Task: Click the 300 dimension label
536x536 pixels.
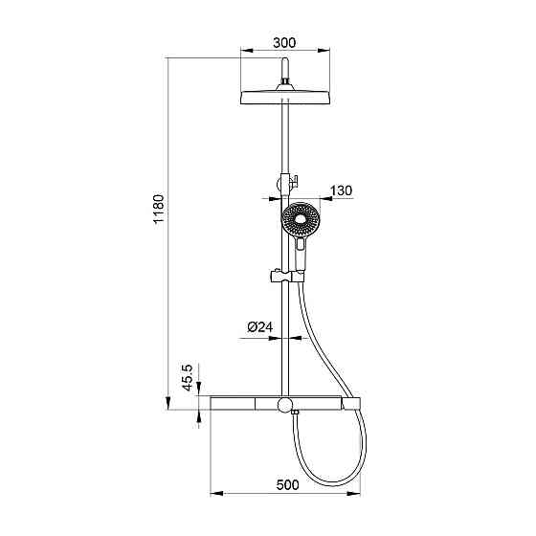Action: tap(284, 43)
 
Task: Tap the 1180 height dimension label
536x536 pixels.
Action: tap(159, 209)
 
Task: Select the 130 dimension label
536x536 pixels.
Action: tap(341, 190)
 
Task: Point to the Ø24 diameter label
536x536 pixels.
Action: tap(260, 327)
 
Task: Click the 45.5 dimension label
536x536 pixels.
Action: tap(188, 377)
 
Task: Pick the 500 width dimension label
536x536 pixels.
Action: tap(287, 484)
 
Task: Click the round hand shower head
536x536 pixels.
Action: tap(301, 219)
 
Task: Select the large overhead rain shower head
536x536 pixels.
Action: tap(285, 98)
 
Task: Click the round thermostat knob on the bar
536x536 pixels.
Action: tap(285, 404)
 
